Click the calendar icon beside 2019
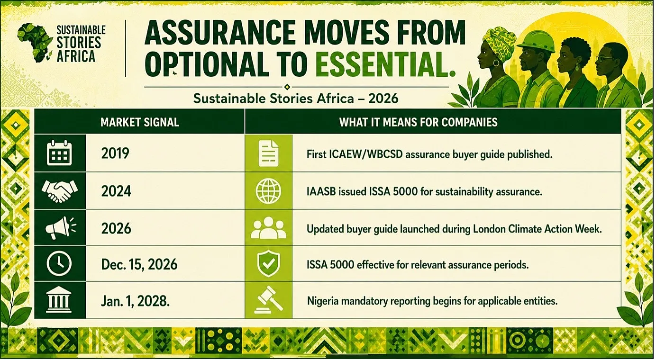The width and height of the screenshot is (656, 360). tap(59, 153)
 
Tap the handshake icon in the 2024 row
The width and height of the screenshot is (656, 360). tap(60, 191)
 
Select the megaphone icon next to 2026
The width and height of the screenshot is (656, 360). tap(61, 228)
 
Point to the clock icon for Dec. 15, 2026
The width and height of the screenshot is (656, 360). tap(59, 264)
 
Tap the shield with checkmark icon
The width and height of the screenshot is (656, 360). tap(268, 264)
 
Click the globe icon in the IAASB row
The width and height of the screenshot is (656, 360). tap(268, 191)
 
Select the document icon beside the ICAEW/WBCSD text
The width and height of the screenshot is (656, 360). tap(269, 153)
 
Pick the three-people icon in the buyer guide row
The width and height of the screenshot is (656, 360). tap(269, 228)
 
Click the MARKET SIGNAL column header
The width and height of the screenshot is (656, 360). tap(140, 122)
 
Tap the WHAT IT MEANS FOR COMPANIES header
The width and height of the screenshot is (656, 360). tap(418, 122)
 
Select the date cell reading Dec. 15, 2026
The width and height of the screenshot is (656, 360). tap(139, 264)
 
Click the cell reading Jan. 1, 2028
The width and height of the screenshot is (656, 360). tap(135, 301)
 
